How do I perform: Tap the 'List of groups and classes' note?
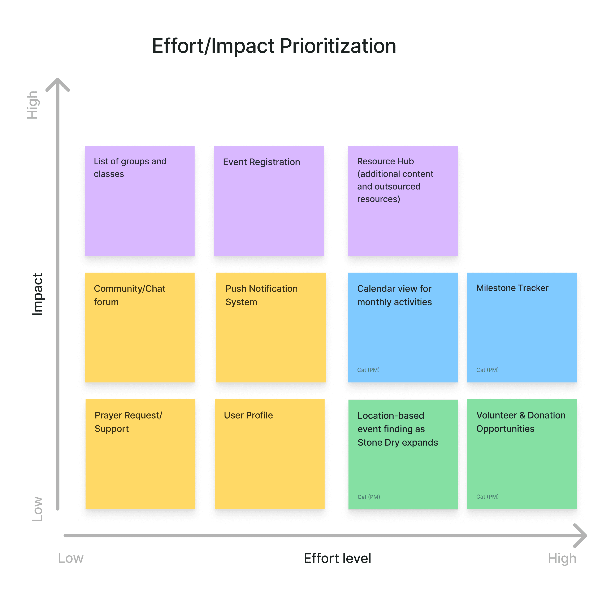tap(140, 201)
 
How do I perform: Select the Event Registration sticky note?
tap(269, 201)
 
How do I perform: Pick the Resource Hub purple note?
tap(403, 201)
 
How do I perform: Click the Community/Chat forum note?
tap(140, 328)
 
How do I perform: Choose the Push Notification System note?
tap(271, 328)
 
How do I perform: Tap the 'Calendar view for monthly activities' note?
tap(403, 328)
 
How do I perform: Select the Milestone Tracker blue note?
tap(522, 328)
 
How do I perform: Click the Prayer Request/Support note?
tap(140, 454)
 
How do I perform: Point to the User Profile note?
tap(270, 454)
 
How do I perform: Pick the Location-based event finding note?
tap(403, 454)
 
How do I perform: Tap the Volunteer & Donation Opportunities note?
tap(522, 454)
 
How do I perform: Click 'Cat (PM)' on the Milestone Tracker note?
tap(487, 370)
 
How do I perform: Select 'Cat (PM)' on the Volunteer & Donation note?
tap(487, 497)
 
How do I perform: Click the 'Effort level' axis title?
tap(337, 558)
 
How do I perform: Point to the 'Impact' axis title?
tap(38, 294)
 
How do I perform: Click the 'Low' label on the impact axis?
tap(38, 509)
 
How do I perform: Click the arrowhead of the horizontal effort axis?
tap(581, 536)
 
